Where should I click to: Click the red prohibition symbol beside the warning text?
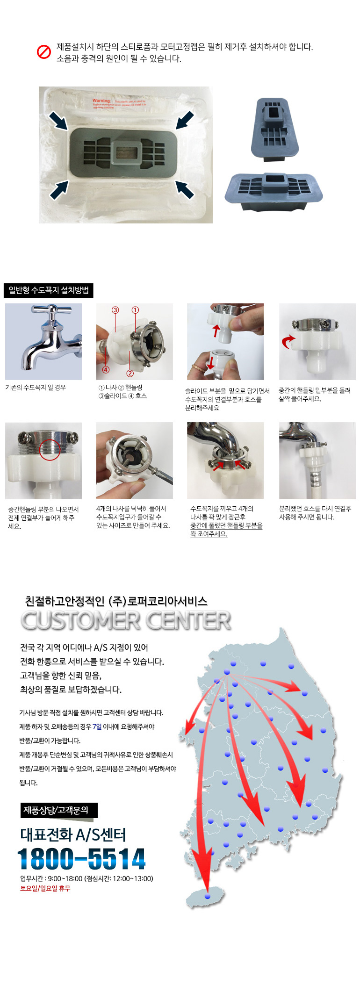tap(43, 52)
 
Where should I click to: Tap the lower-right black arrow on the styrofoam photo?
tap(185, 189)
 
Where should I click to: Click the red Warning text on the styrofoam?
tap(101, 101)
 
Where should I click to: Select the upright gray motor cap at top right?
tap(274, 129)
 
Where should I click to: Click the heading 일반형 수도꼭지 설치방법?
tap(49, 290)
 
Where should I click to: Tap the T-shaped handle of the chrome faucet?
tap(52, 310)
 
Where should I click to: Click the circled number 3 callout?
tap(115, 310)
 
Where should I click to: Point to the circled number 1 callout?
tap(135, 310)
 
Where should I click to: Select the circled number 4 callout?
tap(106, 369)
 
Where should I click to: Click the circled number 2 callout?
tap(130, 373)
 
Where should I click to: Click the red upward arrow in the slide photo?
tap(216, 330)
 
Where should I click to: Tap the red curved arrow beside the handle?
tap(288, 342)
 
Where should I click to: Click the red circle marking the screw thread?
tap(50, 450)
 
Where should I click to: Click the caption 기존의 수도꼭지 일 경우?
tap(36, 388)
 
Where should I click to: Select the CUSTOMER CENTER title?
tap(126, 620)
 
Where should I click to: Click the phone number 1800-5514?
tap(81, 859)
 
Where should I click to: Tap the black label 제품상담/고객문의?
tap(56, 810)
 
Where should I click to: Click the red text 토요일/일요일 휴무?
tap(45, 888)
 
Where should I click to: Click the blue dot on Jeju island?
tap(208, 897)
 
